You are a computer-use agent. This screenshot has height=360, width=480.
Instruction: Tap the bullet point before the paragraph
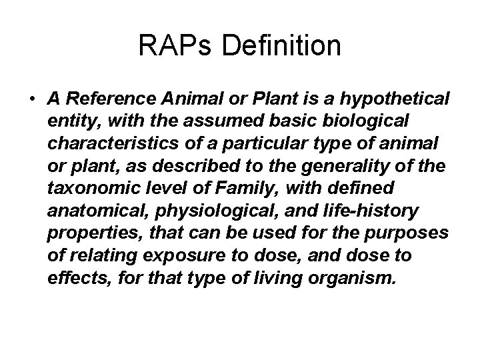click(33, 100)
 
